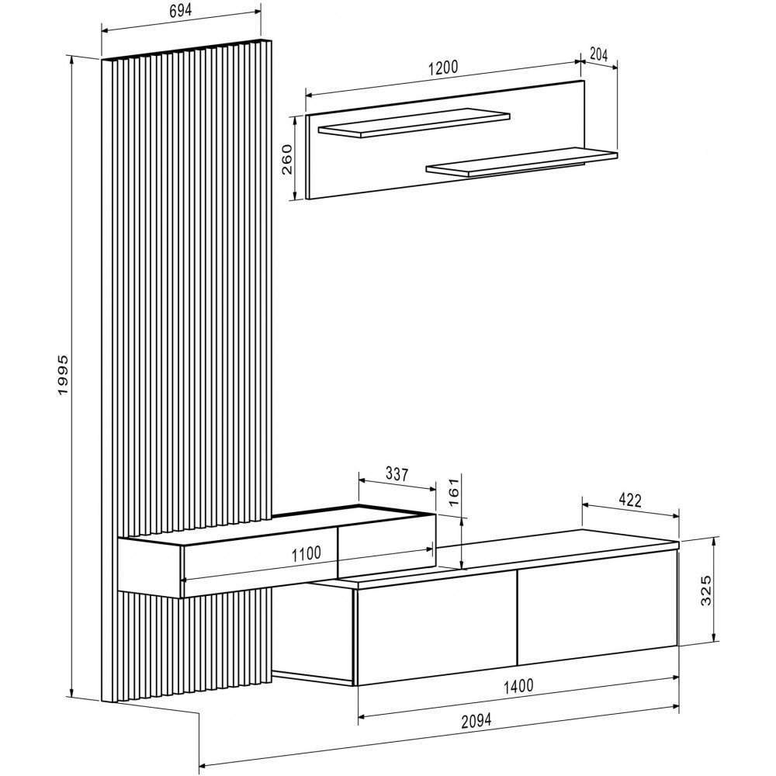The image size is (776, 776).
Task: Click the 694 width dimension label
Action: (181, 11)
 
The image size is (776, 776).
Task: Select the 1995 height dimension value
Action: (64, 375)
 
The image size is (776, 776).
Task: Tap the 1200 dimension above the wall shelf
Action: (443, 68)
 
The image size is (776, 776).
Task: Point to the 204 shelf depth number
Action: (599, 54)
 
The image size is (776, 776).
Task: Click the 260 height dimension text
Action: (286, 159)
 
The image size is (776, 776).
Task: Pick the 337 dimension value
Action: (397, 474)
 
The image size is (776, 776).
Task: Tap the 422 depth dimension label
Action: (630, 501)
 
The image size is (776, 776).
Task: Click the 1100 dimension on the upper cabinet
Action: (306, 553)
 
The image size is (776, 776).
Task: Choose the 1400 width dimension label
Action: (518, 686)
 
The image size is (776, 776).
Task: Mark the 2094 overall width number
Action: (476, 721)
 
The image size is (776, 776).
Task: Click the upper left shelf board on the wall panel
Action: (414, 123)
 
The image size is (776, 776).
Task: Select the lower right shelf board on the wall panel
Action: (521, 162)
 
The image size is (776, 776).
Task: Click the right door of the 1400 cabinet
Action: (598, 607)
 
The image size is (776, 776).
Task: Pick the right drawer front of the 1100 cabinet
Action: (386, 545)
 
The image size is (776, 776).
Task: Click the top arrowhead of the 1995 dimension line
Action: (72, 60)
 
